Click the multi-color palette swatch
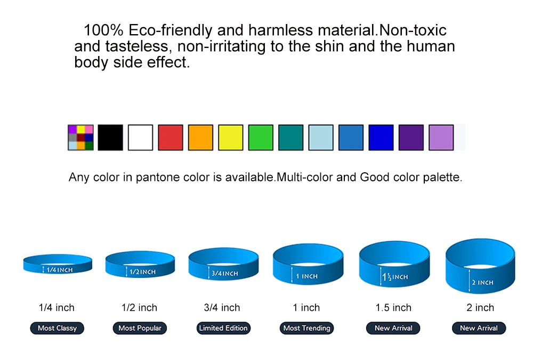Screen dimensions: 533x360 (x=80, y=138)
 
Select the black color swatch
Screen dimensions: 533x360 (x=110, y=138)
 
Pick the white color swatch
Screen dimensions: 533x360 (x=140, y=138)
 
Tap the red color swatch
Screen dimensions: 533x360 (x=171, y=138)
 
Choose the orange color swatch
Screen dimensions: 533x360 (x=200, y=138)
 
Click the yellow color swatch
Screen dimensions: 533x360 (x=230, y=138)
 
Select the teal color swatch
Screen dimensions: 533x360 (x=290, y=138)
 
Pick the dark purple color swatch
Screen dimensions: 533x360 (x=411, y=138)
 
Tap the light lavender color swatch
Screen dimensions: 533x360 (x=441, y=138)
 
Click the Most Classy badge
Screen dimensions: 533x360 (x=57, y=328)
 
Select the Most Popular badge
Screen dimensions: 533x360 (x=140, y=328)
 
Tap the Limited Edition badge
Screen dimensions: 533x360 (x=223, y=328)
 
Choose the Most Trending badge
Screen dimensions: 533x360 (x=307, y=328)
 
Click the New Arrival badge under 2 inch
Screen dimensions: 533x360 (x=479, y=328)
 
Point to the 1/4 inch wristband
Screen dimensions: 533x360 (x=58, y=269)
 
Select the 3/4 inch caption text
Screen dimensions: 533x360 (x=222, y=308)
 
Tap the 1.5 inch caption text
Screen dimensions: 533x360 (x=393, y=308)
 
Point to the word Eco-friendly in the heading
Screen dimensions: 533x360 (x=171, y=30)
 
